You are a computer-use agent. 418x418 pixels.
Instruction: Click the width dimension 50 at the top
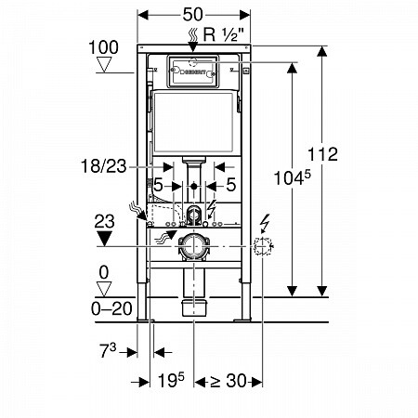point(192,15)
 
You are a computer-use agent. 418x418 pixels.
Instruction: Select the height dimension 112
point(322,154)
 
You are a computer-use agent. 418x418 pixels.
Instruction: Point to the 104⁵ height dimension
point(293,177)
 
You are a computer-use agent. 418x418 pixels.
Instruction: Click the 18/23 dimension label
point(104,166)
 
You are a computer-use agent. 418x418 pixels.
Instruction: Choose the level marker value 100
point(103,47)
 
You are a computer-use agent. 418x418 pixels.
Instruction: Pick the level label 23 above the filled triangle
point(104,222)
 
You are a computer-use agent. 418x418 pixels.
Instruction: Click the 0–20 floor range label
point(111,308)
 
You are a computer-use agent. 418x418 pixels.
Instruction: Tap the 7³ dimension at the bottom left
point(108,351)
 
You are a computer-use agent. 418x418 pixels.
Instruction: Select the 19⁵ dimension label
point(171,380)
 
